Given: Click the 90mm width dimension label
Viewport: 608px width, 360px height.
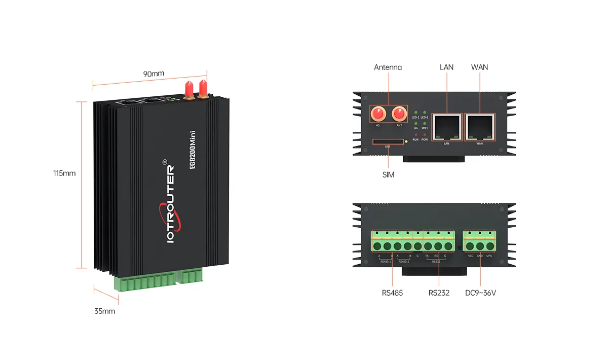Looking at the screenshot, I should pyautogui.click(x=154, y=74).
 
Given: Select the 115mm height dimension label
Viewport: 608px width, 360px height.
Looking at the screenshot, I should pyautogui.click(x=64, y=173).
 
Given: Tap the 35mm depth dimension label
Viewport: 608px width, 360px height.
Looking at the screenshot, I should pyautogui.click(x=104, y=311).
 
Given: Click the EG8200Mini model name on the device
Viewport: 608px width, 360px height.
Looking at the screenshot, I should pyautogui.click(x=193, y=152).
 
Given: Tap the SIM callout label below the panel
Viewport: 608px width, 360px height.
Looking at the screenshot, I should pyautogui.click(x=388, y=175).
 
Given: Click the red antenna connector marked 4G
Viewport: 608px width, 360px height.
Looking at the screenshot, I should pyautogui.click(x=377, y=113).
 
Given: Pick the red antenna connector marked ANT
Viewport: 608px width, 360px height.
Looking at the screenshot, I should pyautogui.click(x=399, y=113).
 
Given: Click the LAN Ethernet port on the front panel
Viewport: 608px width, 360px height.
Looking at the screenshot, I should pyautogui.click(x=446, y=127).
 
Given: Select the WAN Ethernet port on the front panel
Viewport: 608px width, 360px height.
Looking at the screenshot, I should pyautogui.click(x=479, y=127).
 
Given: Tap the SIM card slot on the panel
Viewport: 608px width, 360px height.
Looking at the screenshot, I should pyautogui.click(x=388, y=142).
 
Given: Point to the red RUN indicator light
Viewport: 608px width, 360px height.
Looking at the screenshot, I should pyautogui.click(x=415, y=134).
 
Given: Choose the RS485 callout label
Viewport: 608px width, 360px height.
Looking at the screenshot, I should pyautogui.click(x=392, y=293).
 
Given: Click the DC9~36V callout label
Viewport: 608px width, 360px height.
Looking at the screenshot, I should pyautogui.click(x=480, y=293).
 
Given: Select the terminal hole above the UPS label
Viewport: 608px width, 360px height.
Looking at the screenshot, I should pyautogui.click(x=489, y=247).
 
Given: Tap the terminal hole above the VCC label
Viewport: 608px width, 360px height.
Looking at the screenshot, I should pyautogui.click(x=471, y=247).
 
